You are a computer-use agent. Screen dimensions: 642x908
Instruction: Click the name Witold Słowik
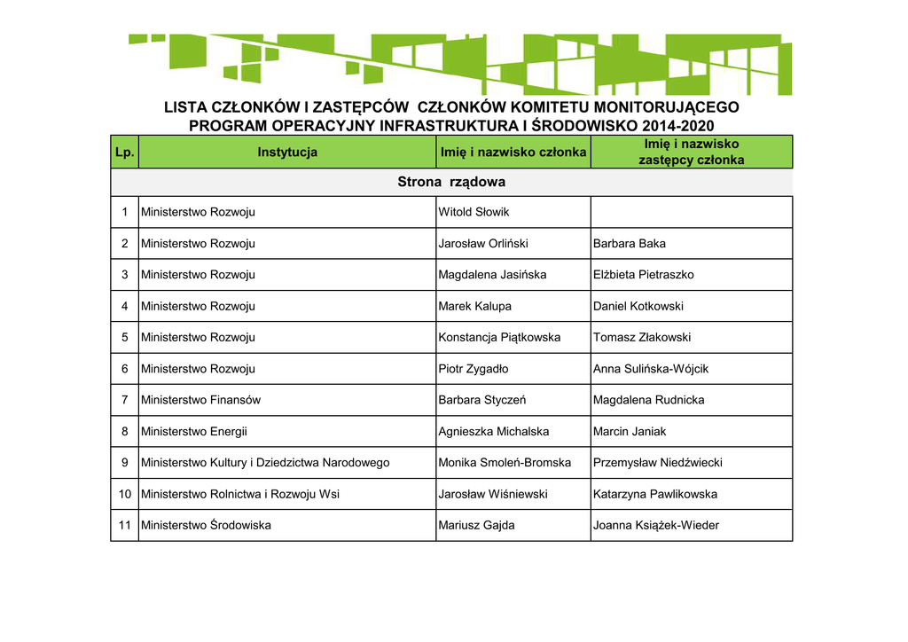click(474, 212)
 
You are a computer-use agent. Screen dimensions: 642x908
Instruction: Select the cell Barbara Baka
click(629, 243)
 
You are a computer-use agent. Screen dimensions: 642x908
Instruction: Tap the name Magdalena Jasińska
click(492, 275)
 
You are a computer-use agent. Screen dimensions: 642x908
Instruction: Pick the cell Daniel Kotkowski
click(638, 306)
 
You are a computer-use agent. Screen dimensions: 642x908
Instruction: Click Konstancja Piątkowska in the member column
click(499, 337)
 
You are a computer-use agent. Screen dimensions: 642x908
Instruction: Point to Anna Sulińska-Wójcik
click(650, 369)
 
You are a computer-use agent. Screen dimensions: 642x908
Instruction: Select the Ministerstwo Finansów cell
click(200, 400)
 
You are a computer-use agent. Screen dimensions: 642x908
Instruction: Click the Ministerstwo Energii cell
click(193, 432)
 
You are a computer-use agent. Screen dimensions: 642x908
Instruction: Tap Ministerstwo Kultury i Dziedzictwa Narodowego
click(265, 463)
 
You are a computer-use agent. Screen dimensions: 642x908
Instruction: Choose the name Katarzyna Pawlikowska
click(654, 494)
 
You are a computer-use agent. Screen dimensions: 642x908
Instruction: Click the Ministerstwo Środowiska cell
click(206, 525)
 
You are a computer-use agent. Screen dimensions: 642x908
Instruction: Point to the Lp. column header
click(124, 153)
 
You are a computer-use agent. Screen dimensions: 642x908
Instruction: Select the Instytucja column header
click(287, 153)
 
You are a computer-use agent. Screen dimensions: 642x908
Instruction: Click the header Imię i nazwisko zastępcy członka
click(691, 152)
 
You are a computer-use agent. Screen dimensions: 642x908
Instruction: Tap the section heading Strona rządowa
click(451, 182)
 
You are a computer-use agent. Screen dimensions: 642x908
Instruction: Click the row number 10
click(124, 494)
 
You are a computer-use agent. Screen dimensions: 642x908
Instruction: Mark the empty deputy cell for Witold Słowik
click(691, 212)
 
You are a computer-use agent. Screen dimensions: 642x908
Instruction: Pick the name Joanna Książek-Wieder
click(655, 525)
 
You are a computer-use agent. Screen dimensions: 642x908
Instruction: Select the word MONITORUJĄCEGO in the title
click(666, 107)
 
